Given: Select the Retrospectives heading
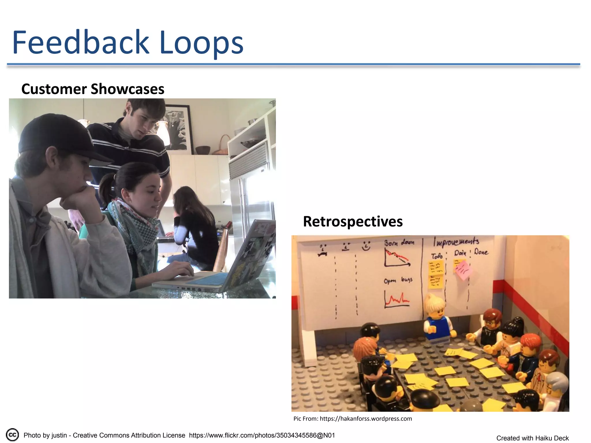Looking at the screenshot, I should pos(353,222).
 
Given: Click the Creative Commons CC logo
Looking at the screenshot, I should pos(12,435).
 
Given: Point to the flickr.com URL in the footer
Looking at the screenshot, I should pos(262,435).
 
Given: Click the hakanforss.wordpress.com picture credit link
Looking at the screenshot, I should pos(366,418).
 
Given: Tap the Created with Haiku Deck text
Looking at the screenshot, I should pos(532,438).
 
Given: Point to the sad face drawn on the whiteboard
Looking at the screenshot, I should pos(323,250).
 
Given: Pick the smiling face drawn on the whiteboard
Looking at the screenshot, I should pos(366,246).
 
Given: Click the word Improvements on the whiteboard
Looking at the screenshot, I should pos(456,242).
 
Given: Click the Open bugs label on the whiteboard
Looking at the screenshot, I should pos(398,280).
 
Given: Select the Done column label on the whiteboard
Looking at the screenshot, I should pos(481,252).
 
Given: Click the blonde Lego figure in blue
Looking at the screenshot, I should pos(436,320).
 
